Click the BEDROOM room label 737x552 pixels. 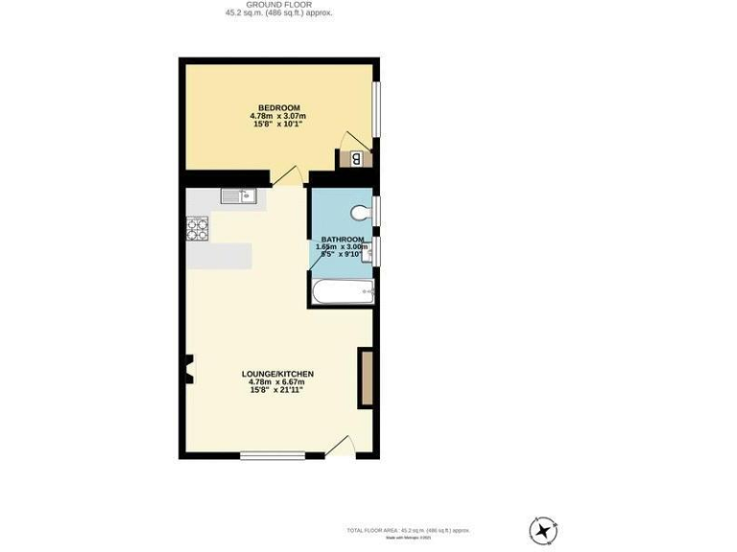click(279, 107)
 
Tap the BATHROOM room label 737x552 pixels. click(342, 239)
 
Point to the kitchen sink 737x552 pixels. click(236, 196)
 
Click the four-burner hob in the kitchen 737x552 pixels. click(198, 228)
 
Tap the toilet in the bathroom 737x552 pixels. click(362, 212)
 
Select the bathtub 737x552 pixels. click(342, 291)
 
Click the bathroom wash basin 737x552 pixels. click(367, 252)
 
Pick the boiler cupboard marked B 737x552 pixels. click(356, 159)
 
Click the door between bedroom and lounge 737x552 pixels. click(287, 176)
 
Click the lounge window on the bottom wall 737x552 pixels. click(273, 455)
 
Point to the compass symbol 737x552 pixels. click(543, 530)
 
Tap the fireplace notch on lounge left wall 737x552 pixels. click(188, 367)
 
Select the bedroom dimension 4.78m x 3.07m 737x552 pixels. click(278, 116)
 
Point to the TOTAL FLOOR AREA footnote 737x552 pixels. click(408, 530)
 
